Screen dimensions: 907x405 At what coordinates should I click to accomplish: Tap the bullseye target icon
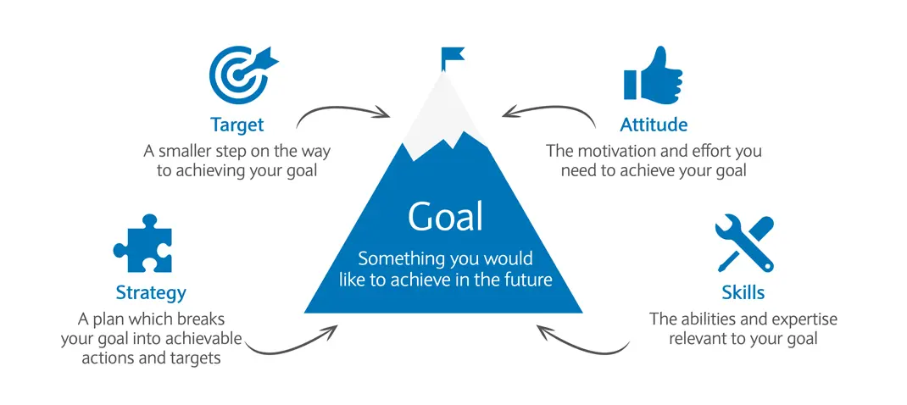click(x=242, y=74)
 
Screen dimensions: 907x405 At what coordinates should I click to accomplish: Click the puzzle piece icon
click(x=143, y=243)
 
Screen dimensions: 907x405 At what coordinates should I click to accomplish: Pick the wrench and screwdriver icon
click(x=744, y=243)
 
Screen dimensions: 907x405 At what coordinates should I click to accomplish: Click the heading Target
click(x=236, y=125)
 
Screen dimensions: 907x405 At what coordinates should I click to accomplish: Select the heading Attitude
click(x=654, y=125)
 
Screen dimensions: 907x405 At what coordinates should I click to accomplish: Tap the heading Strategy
click(x=151, y=293)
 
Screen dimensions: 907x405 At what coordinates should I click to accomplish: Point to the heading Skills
click(x=743, y=292)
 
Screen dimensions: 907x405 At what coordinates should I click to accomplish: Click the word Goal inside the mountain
click(x=445, y=216)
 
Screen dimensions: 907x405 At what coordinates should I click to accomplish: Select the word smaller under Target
click(x=185, y=153)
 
